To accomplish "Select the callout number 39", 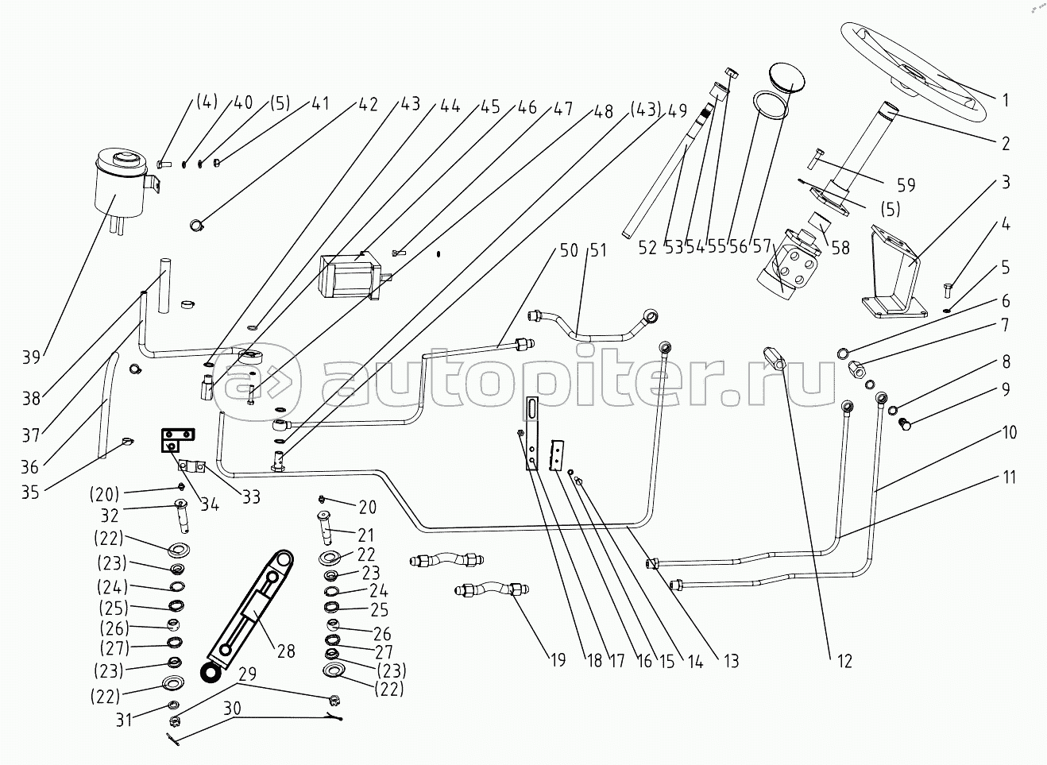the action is pos(31,358).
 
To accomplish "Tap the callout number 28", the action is pos(286,651).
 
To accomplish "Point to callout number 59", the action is pos(906,186).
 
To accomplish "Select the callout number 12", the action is pos(844,661).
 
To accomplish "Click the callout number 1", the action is pos(1006,100).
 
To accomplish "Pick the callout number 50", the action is pos(569,250).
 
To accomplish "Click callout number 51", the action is pos(598,250).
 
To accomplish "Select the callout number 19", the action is pos(557,660).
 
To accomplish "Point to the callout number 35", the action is pos(30,492).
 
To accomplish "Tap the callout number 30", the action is pos(232,708).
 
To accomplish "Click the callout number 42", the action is pos(368,104).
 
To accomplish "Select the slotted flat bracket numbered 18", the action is pos(532,433).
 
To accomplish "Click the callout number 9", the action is pos(1006,389).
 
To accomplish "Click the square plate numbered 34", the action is pos(178,440).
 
